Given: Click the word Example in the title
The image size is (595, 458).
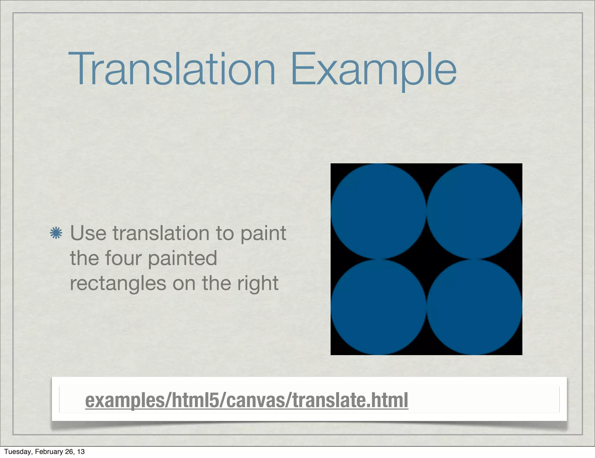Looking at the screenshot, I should tap(373, 70).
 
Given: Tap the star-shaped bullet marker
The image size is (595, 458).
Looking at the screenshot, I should tap(56, 233).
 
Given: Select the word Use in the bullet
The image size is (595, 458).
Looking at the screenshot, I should tap(88, 233).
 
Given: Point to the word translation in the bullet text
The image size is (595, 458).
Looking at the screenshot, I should tap(161, 233).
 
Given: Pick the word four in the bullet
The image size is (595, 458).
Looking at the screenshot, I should tap(123, 258).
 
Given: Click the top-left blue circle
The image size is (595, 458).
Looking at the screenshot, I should tap(378, 211).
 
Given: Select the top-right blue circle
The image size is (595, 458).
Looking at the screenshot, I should tap(474, 211).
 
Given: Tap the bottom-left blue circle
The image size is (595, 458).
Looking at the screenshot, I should tap(378, 307).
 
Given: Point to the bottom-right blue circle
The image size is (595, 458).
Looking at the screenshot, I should tap(474, 307).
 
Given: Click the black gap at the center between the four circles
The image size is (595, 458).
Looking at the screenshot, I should tap(426, 259).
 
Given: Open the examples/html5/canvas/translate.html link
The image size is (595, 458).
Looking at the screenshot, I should tap(247, 400).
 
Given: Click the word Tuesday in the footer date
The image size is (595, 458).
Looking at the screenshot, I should tap(17, 452).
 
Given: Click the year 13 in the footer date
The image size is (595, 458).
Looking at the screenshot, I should tap(81, 452).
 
